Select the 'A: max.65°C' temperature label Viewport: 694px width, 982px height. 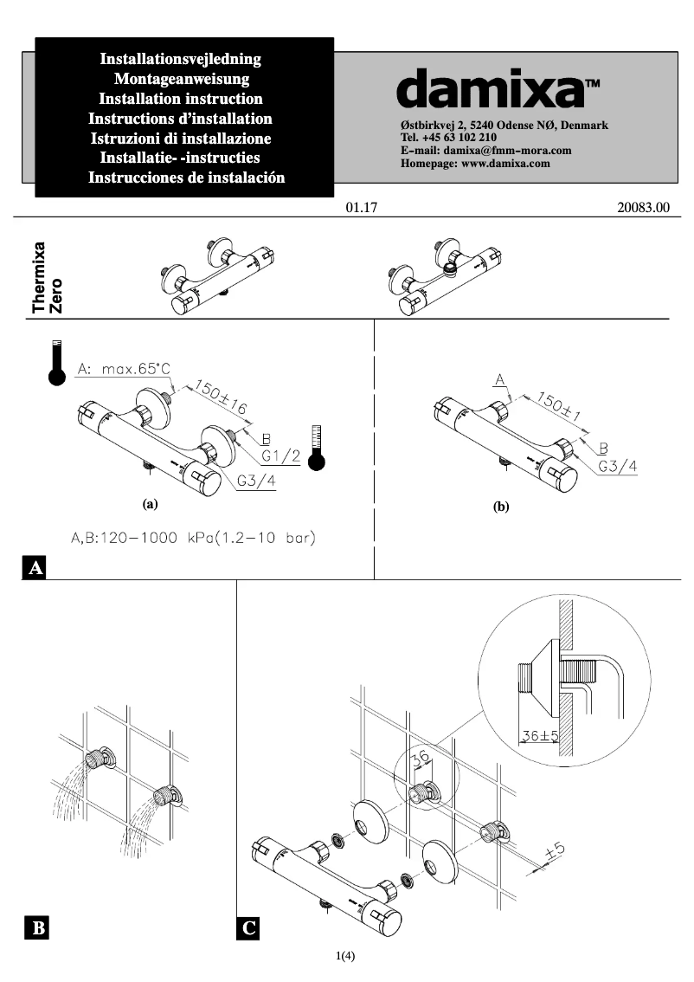click(122, 370)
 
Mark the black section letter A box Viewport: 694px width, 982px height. click(35, 568)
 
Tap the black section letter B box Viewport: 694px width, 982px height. click(37, 929)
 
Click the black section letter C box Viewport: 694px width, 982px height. click(248, 929)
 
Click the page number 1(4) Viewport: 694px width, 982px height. click(346, 957)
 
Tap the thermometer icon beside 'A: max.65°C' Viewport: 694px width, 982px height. click(57, 363)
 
